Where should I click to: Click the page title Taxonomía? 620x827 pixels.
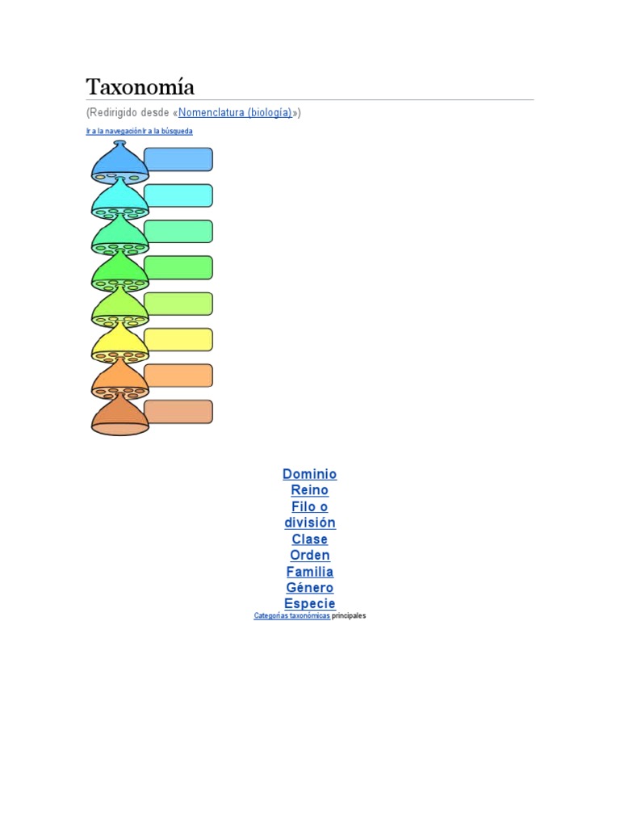[x=140, y=86]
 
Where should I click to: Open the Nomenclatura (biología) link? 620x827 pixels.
[x=235, y=113]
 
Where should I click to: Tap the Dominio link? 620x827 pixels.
[x=309, y=474]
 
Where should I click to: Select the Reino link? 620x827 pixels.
[x=309, y=490]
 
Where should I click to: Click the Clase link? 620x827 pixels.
[x=309, y=539]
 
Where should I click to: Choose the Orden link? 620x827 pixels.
[x=309, y=555]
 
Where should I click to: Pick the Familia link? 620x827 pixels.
[x=309, y=572]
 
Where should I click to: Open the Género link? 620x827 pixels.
[x=309, y=588]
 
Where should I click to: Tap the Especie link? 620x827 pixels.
[x=309, y=604]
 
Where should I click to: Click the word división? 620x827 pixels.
[x=309, y=523]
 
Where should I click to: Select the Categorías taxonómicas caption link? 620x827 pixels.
[x=291, y=615]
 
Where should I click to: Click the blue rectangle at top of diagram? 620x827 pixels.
[x=178, y=159]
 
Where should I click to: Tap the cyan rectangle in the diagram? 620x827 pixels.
[x=178, y=195]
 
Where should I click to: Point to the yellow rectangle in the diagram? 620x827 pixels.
[x=178, y=339]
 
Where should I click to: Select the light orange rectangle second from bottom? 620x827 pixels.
[x=178, y=376]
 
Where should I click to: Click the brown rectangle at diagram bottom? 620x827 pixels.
[x=178, y=412]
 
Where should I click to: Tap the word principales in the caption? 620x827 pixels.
[x=349, y=615]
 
